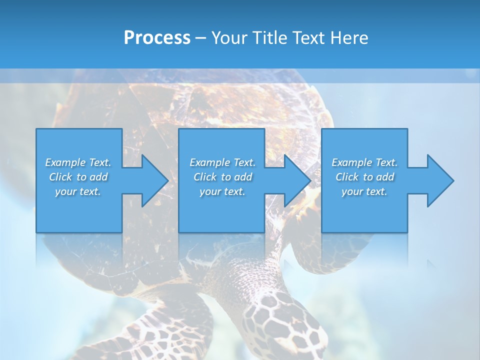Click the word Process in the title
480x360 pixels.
pyautogui.click(x=157, y=38)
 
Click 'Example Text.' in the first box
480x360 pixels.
pyautogui.click(x=78, y=162)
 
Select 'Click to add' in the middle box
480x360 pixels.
pyautogui.click(x=222, y=177)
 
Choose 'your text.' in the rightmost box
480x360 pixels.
pyautogui.click(x=364, y=191)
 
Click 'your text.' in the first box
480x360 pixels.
pyautogui.click(x=78, y=191)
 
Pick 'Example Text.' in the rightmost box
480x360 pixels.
pyautogui.click(x=364, y=162)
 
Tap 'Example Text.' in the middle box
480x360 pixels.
pyautogui.click(x=222, y=162)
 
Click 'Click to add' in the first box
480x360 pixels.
pyautogui.click(x=78, y=177)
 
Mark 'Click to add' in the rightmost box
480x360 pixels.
pyautogui.click(x=364, y=177)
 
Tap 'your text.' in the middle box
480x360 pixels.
pyautogui.click(x=222, y=191)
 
